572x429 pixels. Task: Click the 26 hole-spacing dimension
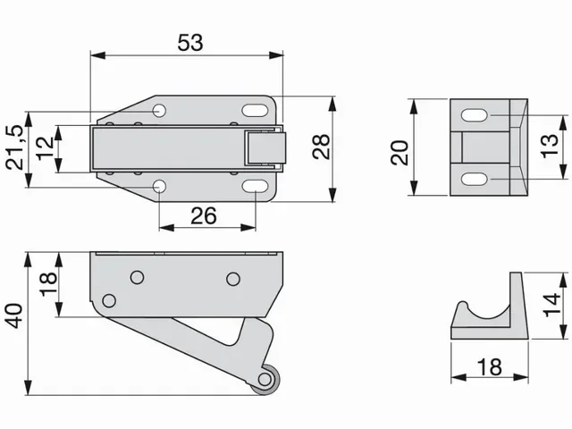[x=205, y=215]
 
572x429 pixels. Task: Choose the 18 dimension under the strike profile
[x=488, y=366]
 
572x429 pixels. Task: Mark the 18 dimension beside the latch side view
[x=48, y=285]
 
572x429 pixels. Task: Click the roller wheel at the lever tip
[x=265, y=378]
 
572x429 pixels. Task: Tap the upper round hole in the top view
[x=159, y=110]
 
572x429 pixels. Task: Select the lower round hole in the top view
[x=159, y=186]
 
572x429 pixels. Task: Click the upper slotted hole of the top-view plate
[x=255, y=111]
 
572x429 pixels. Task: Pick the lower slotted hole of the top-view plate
[x=255, y=186]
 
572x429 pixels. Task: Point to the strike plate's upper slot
[x=475, y=117]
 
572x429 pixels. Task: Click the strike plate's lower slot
[x=475, y=179]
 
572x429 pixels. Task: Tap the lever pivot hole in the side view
[x=109, y=299]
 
